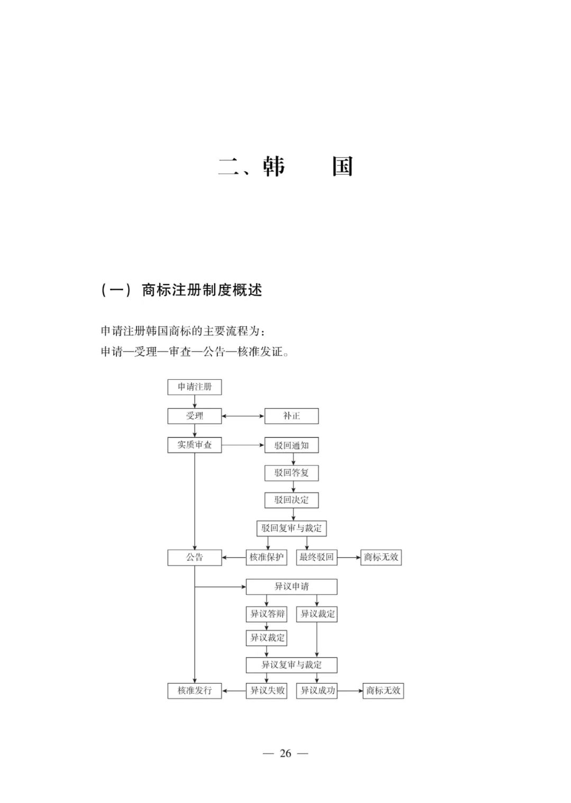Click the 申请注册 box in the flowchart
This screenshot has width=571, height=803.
click(x=195, y=387)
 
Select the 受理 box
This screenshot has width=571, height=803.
click(x=195, y=416)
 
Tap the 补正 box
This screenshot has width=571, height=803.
click(x=292, y=416)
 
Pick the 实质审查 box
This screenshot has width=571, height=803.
click(x=195, y=445)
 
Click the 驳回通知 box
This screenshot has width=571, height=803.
click(x=292, y=445)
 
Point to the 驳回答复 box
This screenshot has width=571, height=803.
click(x=292, y=473)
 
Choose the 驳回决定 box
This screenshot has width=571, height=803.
click(x=292, y=500)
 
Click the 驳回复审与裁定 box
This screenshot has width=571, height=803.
click(x=292, y=528)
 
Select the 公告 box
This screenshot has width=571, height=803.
click(x=195, y=558)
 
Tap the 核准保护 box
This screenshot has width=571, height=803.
click(x=266, y=558)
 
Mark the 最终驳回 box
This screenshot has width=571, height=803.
click(x=317, y=558)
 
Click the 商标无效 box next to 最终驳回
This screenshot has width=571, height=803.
click(x=381, y=558)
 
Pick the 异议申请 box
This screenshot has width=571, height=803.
click(x=292, y=587)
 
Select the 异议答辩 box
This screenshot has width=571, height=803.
click(x=266, y=614)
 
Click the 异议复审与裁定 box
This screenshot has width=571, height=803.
click(x=292, y=665)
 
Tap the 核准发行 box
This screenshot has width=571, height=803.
click(x=195, y=691)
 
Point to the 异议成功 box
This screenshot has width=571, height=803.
click(x=317, y=691)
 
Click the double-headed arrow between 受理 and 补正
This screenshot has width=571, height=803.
click(x=243, y=416)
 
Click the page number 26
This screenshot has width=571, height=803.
click(x=285, y=753)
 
